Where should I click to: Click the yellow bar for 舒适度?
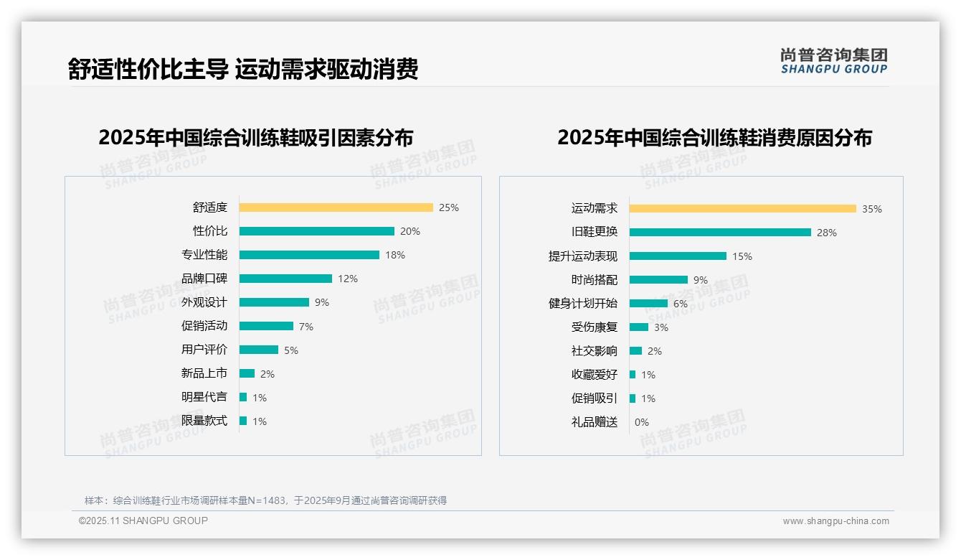[x=336, y=207]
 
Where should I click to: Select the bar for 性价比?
[x=316, y=231]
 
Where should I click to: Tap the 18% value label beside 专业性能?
[x=395, y=255]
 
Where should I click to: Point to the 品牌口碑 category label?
[x=204, y=279]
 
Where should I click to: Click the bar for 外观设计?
[x=274, y=302]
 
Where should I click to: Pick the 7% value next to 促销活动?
[x=306, y=327]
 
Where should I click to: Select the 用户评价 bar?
[x=258, y=350]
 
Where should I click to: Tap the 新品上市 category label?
[x=204, y=373]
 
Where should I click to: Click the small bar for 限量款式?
[x=243, y=421]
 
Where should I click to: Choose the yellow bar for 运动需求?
[x=742, y=208]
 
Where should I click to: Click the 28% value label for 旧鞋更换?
[x=827, y=233]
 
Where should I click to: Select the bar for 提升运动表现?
[x=678, y=256]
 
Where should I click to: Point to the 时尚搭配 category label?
[x=594, y=280]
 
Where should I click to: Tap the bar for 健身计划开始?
[x=648, y=304]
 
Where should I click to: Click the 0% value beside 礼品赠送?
[x=642, y=422]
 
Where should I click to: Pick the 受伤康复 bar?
[x=639, y=327]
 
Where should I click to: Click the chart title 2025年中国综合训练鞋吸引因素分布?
[x=255, y=137]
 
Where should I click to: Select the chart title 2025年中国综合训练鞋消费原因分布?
[x=714, y=137]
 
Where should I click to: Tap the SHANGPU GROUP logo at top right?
[x=834, y=61]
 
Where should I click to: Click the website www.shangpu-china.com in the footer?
[x=835, y=521]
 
